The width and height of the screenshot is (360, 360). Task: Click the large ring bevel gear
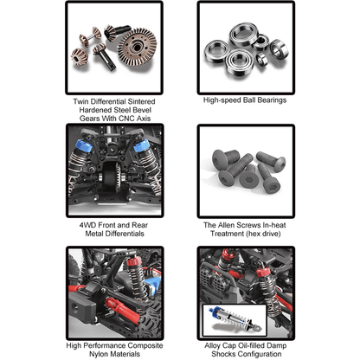(x=138, y=47)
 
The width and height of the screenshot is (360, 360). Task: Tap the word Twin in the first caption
(x=80, y=101)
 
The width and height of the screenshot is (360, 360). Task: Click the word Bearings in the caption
(x=272, y=100)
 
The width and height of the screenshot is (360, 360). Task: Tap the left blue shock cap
(x=84, y=146)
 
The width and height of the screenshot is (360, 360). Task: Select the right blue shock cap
(x=141, y=146)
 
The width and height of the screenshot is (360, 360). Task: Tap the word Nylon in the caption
(x=98, y=354)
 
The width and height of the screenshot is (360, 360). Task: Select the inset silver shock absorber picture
(x=235, y=320)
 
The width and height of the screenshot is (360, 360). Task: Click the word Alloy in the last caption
(x=213, y=345)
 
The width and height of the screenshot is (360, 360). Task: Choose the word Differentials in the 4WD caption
(x=125, y=234)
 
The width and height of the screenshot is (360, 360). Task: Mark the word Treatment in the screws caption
(x=228, y=234)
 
